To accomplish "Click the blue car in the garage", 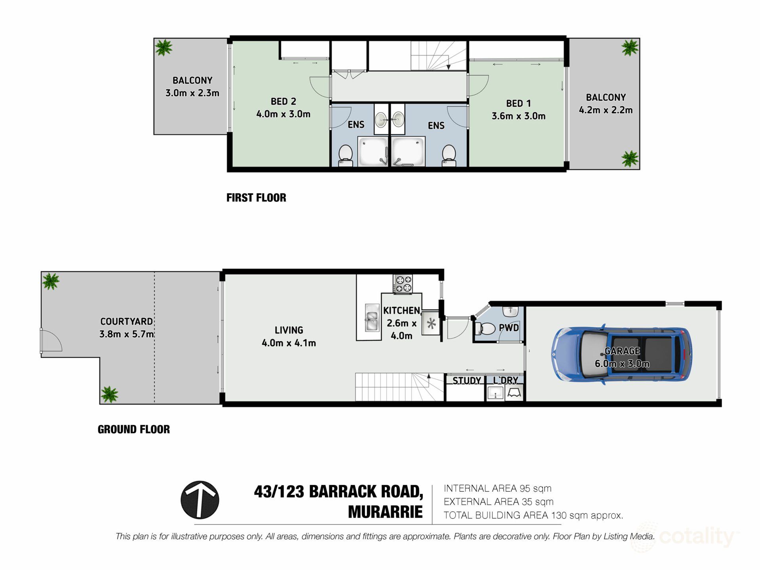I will (621, 355).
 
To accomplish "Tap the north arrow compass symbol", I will (200, 500).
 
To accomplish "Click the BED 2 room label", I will (283, 101).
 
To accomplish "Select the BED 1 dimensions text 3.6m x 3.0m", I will (519, 116).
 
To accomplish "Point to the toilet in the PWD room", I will (486, 328).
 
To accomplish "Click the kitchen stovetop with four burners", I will (403, 284).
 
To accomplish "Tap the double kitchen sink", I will (372, 317).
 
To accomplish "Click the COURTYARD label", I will (126, 321).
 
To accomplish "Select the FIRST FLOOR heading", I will (256, 198).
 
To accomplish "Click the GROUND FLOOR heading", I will (134, 429).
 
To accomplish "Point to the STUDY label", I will (466, 380).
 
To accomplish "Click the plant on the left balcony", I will (163, 47).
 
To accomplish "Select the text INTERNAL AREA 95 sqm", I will (498, 488).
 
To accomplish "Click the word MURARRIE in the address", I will (385, 512).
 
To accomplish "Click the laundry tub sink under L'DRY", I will (495, 393).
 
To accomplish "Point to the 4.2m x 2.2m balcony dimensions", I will (606, 110).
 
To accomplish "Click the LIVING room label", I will (289, 330).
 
